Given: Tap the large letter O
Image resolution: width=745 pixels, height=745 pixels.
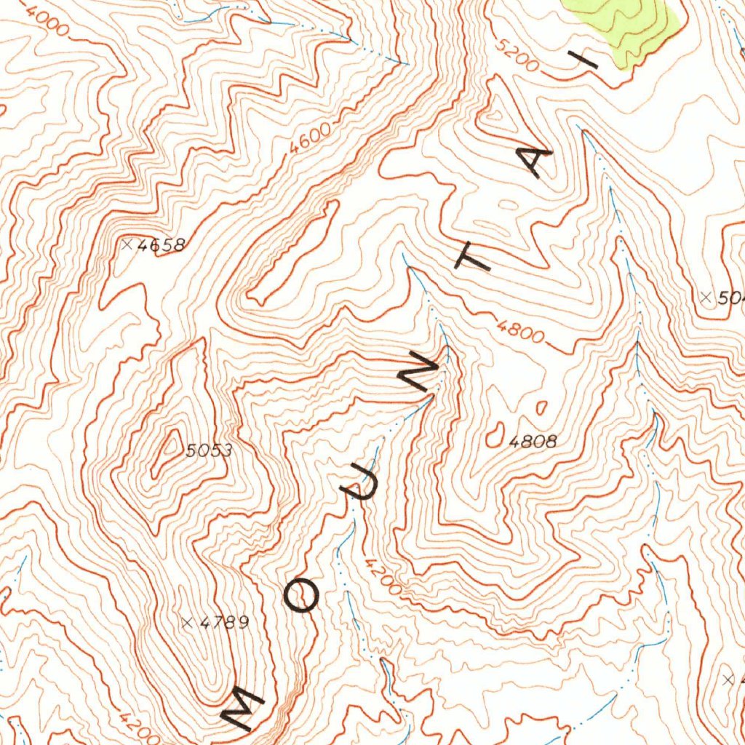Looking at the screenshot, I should point(301,597).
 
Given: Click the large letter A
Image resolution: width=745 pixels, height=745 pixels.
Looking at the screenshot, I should point(538,161).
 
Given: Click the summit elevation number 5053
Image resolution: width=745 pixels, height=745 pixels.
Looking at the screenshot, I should point(209,451).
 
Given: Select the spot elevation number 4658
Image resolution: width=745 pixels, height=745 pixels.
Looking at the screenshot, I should point(161,245).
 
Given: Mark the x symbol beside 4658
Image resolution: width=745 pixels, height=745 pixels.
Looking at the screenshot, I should point(128,244).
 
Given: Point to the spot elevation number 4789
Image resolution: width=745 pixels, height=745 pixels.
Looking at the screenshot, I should point(224,622).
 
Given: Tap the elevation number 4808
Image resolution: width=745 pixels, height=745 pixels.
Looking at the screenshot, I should point(533,441).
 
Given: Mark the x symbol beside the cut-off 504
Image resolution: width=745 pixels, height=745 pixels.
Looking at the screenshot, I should point(704,296).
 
